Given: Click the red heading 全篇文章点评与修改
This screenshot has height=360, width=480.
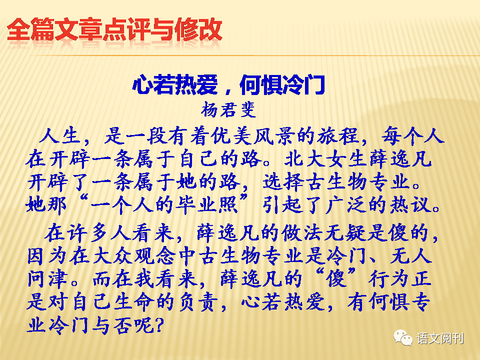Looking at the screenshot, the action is click(114, 29).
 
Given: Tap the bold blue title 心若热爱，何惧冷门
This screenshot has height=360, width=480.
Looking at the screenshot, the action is click(228, 85).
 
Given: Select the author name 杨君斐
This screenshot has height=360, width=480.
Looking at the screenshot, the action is click(228, 109).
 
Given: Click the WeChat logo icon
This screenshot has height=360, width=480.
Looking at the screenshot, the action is click(403, 337).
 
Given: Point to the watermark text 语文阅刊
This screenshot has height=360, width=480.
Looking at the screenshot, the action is click(440, 338).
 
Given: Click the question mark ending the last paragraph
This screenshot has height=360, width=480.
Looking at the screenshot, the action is click(158, 325).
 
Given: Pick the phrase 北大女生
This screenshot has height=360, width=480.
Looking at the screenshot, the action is click(325, 158).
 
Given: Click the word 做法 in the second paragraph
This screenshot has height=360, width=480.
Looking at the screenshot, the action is click(302, 232).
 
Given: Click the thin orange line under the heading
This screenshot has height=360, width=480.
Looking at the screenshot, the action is click(255, 55).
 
